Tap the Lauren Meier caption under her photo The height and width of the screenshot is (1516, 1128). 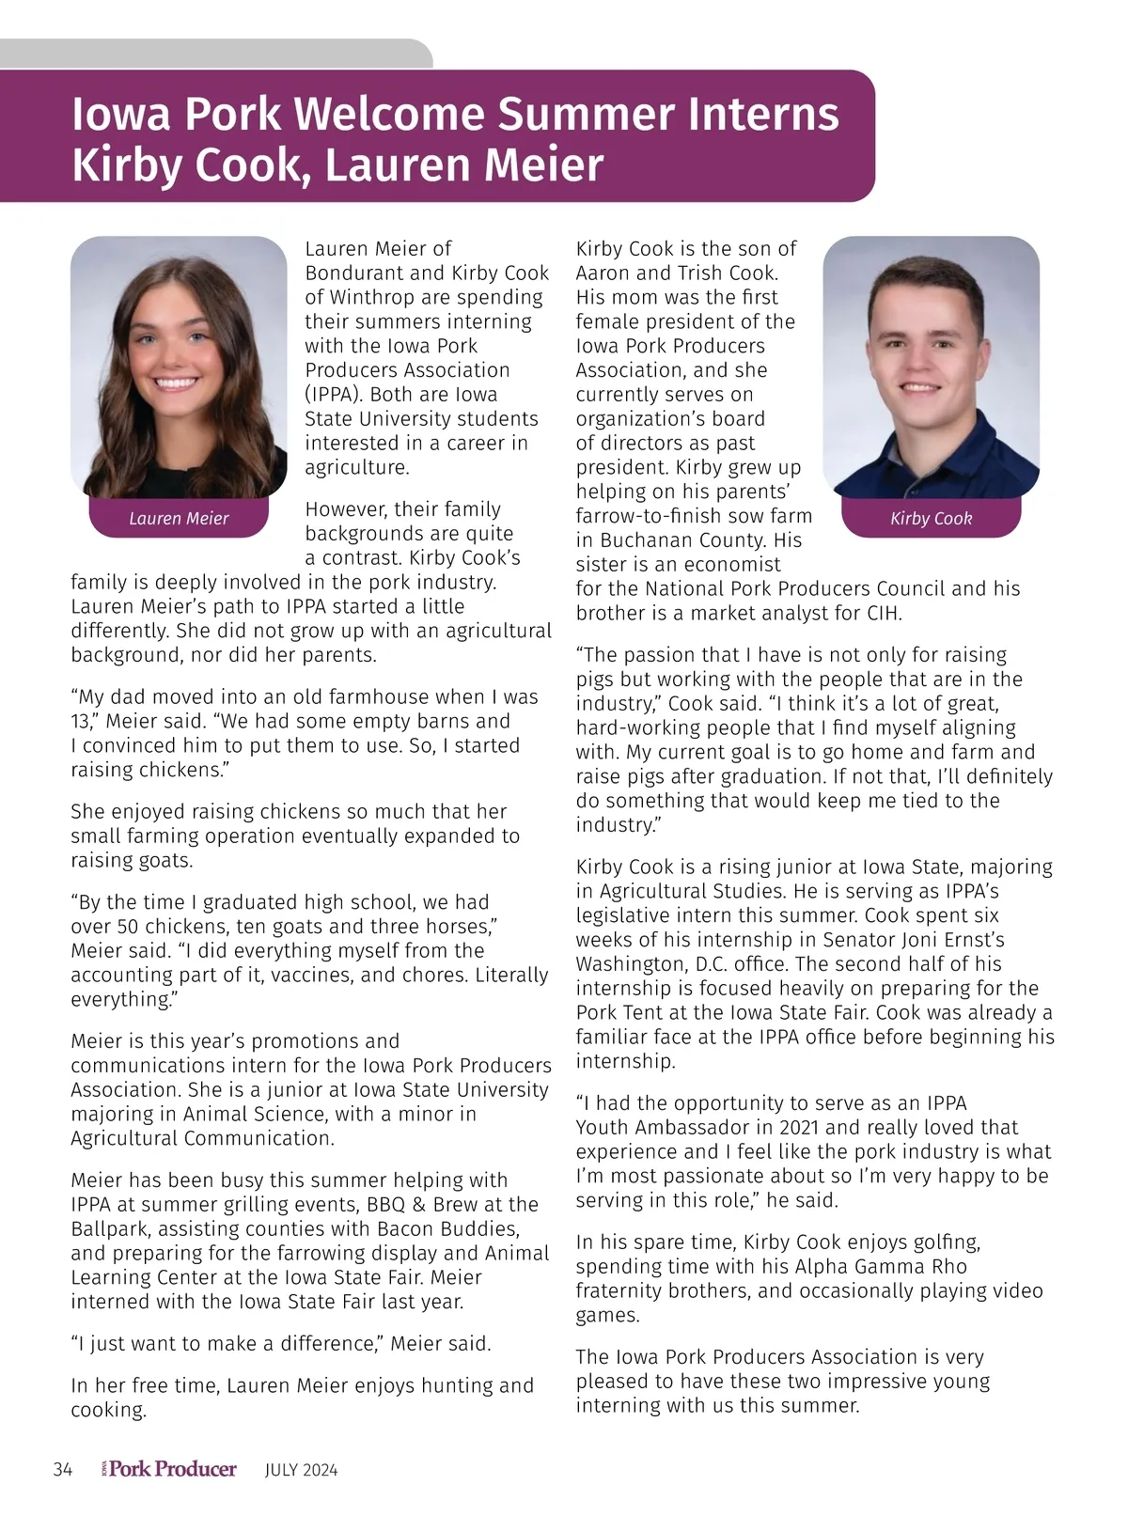coord(179,519)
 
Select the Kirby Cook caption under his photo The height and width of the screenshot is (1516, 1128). coord(931,519)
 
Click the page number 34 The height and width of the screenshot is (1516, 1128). coord(63,1470)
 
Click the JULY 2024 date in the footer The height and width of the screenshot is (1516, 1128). coord(301,1470)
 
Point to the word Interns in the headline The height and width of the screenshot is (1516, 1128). coord(763,115)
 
